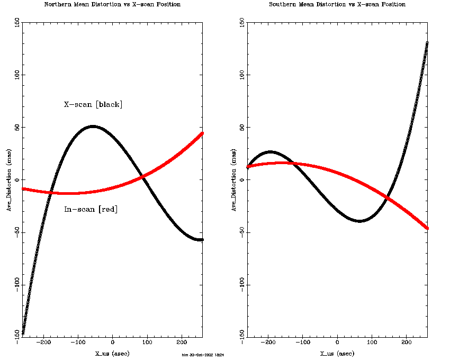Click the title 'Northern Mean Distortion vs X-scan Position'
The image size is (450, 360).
click(112, 4)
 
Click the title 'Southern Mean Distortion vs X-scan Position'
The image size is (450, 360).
click(337, 4)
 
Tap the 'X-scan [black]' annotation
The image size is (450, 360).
click(93, 104)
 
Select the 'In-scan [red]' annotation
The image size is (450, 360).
click(91, 209)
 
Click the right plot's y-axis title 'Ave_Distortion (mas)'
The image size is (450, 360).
click(234, 180)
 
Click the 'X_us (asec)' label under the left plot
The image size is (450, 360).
click(112, 353)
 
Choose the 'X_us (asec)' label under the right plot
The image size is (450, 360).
click(337, 353)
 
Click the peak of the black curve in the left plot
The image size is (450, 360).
click(93, 127)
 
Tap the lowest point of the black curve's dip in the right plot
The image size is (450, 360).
click(359, 221)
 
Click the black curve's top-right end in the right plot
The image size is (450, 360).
click(427, 43)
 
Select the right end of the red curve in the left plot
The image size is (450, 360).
click(202, 133)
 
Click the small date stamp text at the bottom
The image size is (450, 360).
click(203, 355)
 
